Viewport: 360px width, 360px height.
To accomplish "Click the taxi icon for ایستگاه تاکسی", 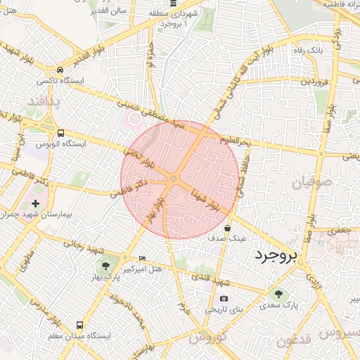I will (x=61, y=70).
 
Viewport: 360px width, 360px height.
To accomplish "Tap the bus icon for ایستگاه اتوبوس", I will (x=61, y=132).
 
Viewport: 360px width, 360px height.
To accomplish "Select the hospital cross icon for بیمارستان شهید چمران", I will (x=36, y=203).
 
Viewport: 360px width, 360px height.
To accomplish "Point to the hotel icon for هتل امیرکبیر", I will (x=143, y=258).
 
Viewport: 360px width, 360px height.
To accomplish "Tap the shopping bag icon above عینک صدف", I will (x=227, y=228).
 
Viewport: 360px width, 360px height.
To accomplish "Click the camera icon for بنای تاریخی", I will (x=224, y=298).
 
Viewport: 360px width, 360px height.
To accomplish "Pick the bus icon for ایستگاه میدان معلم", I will (x=79, y=325).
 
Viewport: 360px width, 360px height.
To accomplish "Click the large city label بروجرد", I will (x=276, y=254).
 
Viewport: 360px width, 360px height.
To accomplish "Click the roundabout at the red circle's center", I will (x=173, y=179).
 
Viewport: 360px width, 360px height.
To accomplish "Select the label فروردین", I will (x=315, y=82).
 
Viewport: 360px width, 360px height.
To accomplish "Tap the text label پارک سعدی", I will (x=279, y=306).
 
